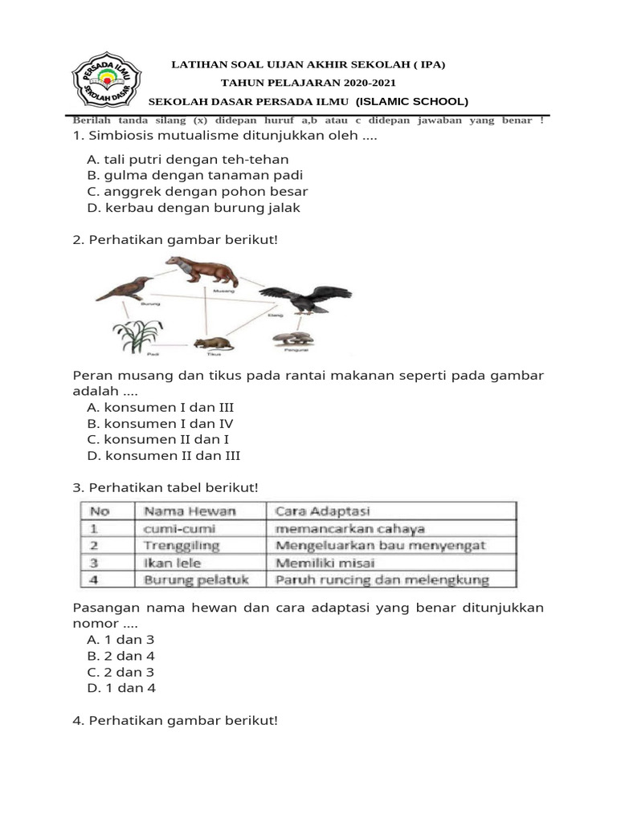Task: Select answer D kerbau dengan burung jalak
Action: tap(193, 208)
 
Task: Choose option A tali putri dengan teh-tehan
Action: tap(187, 160)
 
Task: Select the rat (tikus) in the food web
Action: tap(213, 343)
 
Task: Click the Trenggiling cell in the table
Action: tap(181, 546)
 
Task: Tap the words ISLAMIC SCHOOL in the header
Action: tap(411, 101)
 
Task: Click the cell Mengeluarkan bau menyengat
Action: tap(380, 546)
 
